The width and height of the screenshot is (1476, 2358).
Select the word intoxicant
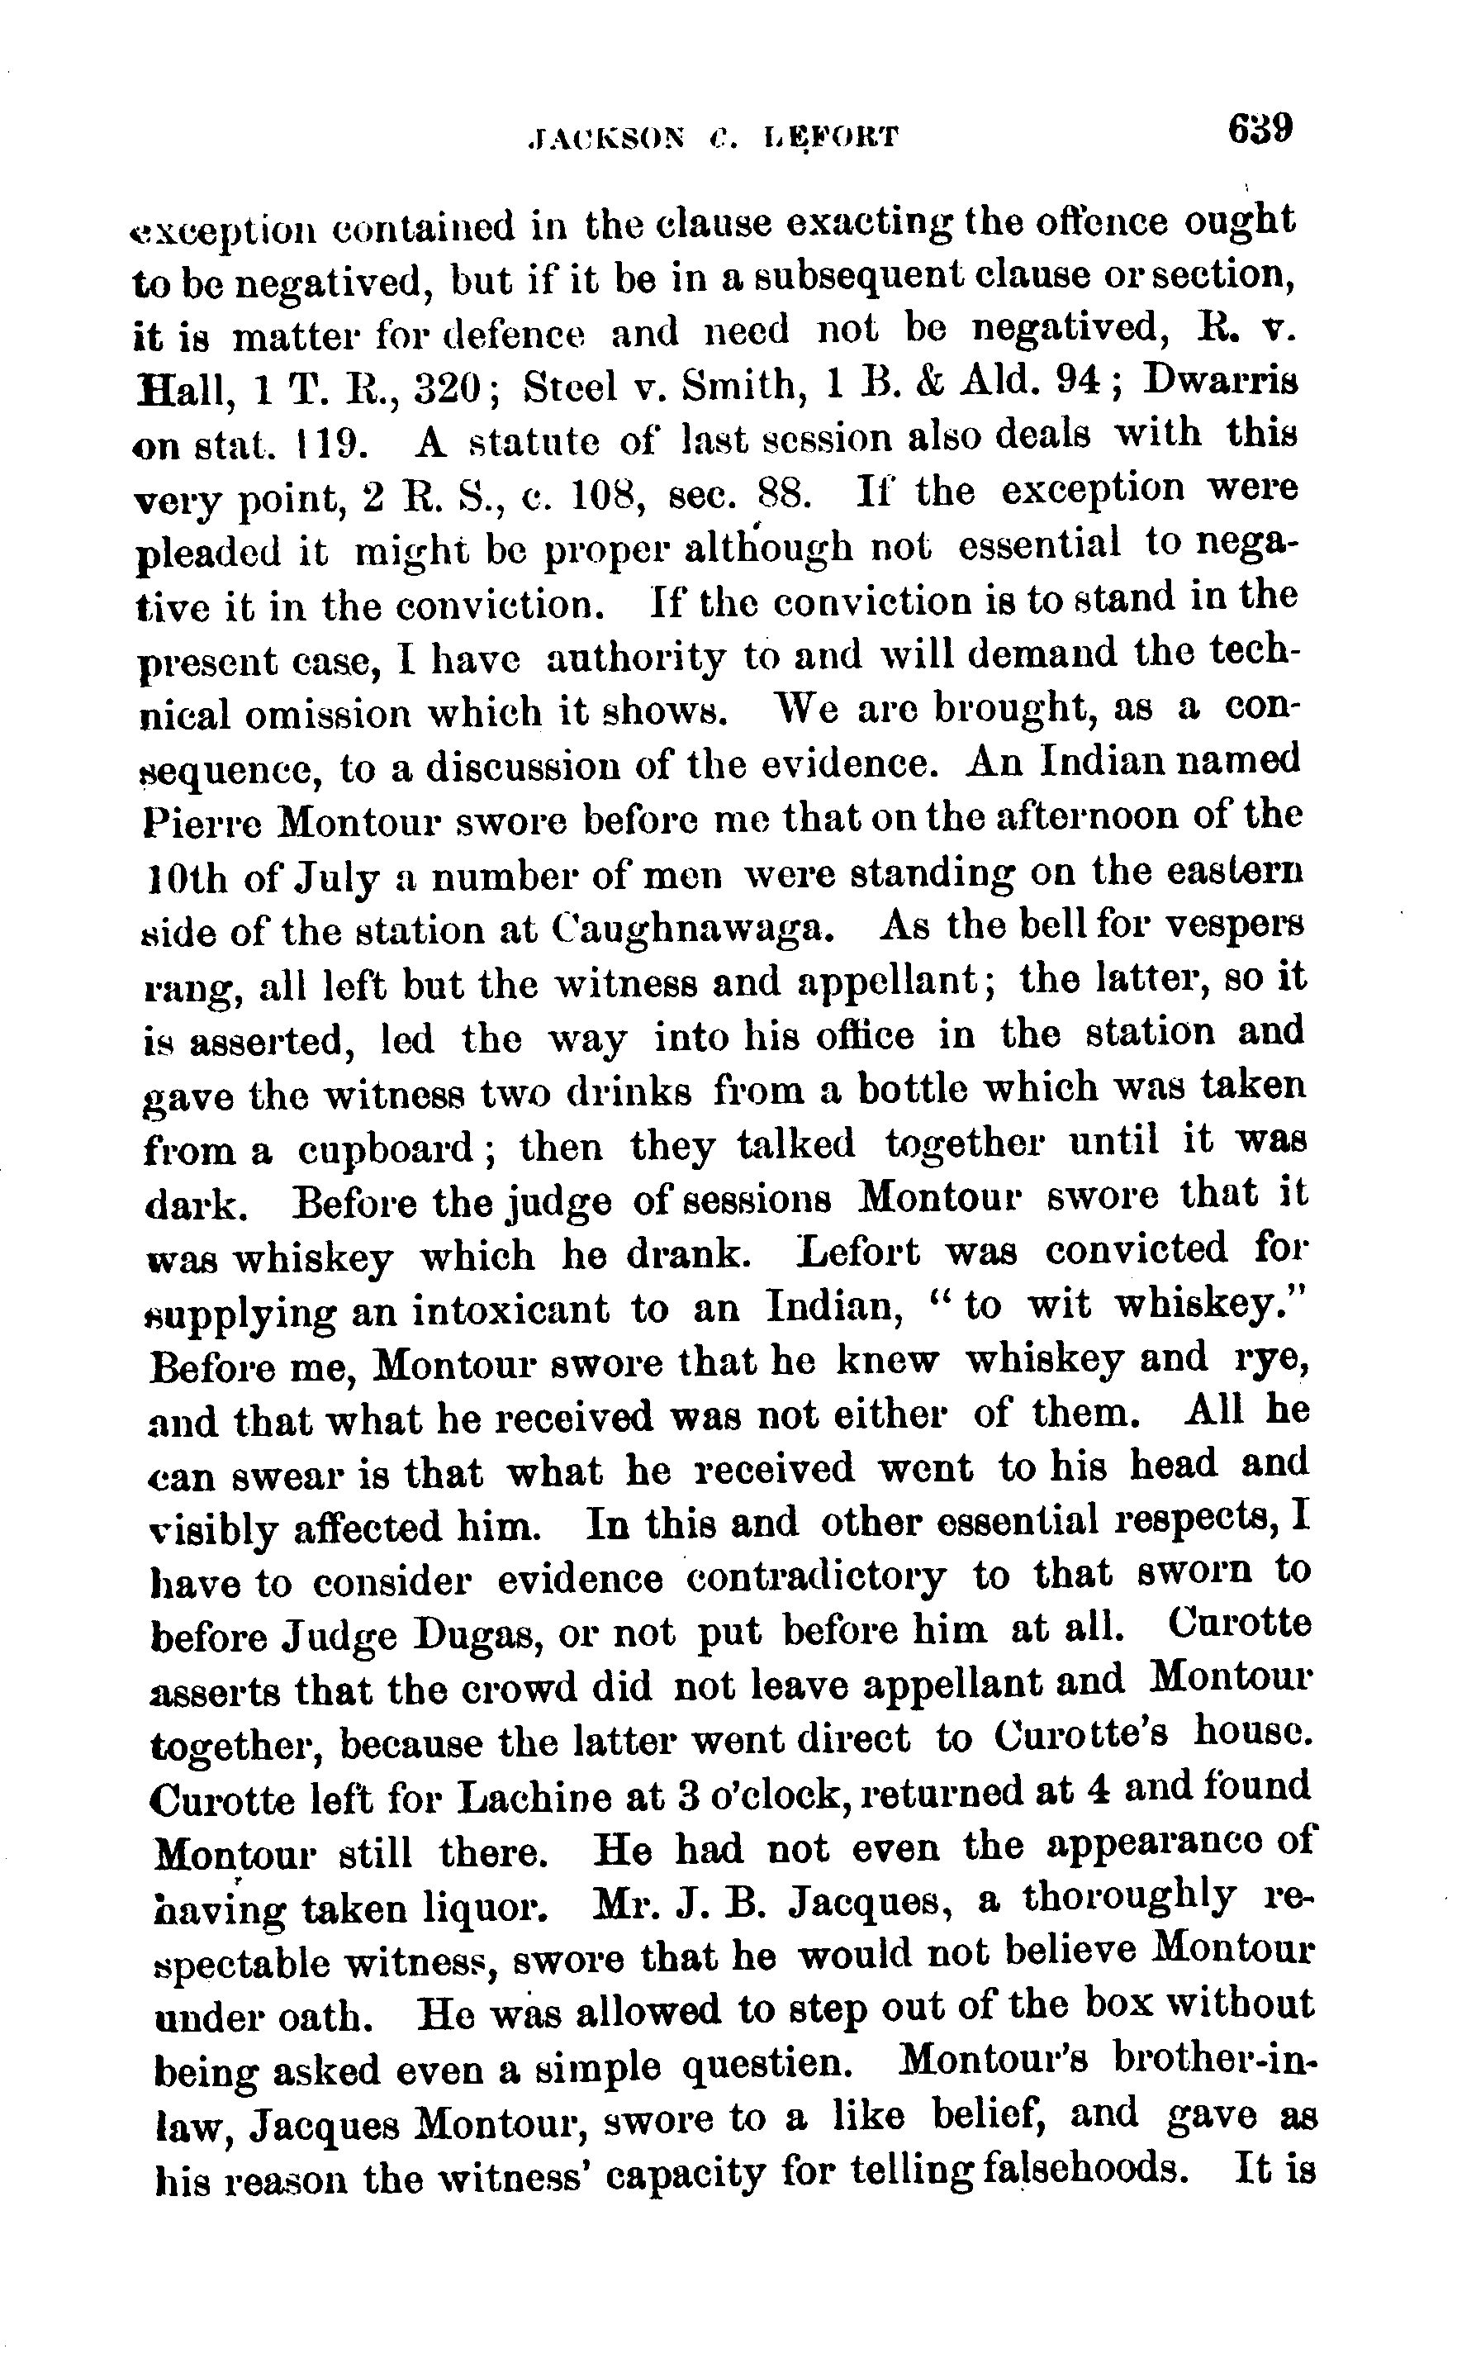[x=510, y=1310]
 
